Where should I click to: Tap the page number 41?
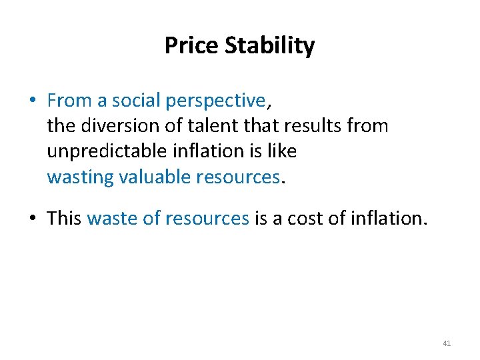tap(447, 343)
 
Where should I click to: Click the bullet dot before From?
tap(32, 101)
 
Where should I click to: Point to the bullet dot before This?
tap(32, 219)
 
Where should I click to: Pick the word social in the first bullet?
tap(136, 101)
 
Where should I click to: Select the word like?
tap(283, 151)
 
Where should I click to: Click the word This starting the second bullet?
tap(64, 219)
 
